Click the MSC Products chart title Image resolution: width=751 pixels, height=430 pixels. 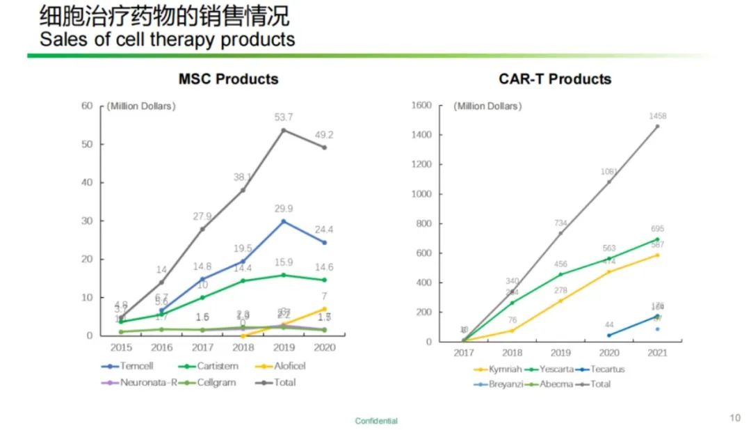(x=228, y=79)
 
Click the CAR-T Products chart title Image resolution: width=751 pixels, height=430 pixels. (x=555, y=79)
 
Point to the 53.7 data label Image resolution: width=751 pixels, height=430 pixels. (x=283, y=117)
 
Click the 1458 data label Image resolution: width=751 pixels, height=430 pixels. (x=657, y=116)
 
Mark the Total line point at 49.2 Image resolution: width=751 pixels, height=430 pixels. (x=324, y=148)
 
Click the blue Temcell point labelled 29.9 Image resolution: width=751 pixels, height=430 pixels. (x=283, y=221)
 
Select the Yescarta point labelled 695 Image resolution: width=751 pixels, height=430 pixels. (x=657, y=239)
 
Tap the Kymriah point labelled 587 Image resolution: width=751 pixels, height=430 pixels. (x=657, y=255)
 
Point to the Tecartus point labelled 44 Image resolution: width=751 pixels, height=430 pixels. (x=609, y=335)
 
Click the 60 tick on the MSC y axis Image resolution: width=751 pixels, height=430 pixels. (x=87, y=106)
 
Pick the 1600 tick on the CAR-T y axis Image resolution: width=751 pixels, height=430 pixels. (x=423, y=106)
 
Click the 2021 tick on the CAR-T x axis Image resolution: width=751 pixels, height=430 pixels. (x=657, y=353)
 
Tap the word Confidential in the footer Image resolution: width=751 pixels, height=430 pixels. (x=376, y=421)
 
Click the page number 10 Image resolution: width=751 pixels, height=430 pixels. (x=735, y=418)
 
